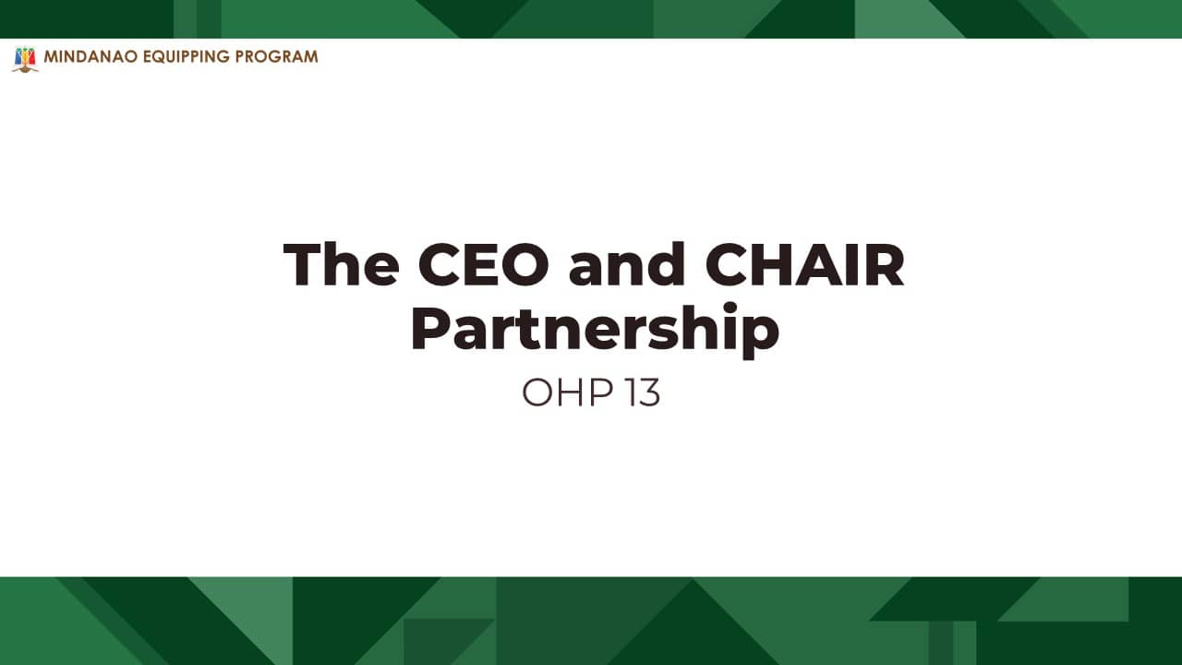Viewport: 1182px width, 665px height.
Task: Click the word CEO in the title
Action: coord(483,264)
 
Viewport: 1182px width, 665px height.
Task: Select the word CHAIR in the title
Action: coord(804,264)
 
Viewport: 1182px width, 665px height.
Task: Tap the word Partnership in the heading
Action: coord(595,328)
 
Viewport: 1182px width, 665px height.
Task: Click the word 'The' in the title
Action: coord(341,264)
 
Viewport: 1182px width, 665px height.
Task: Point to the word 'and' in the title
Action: coord(627,264)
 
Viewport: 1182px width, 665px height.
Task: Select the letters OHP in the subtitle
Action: coord(567,393)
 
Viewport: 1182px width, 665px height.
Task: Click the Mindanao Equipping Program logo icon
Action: coord(25,59)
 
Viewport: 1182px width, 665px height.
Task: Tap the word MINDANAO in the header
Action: coord(90,56)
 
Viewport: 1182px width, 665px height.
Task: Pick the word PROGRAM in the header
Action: coord(276,56)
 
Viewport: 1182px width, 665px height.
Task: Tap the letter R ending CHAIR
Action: coord(885,264)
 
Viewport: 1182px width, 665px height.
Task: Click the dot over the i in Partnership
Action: coord(730,308)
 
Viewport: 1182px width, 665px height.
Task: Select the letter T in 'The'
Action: coord(303,264)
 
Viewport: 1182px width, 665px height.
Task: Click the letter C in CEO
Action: coord(438,264)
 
